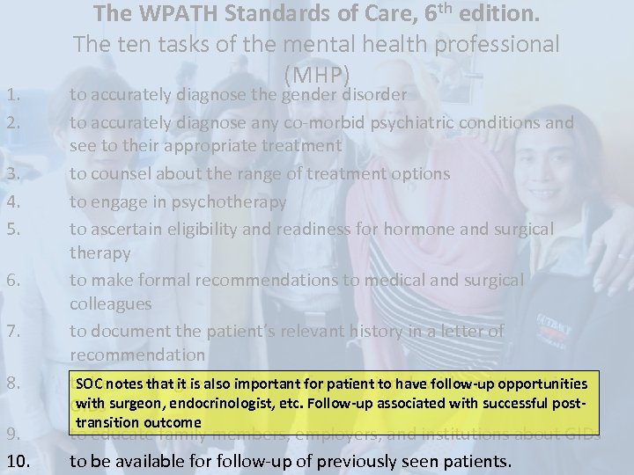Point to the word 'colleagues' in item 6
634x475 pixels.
111,304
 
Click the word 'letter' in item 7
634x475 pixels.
456,331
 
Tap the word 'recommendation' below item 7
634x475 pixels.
139,354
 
